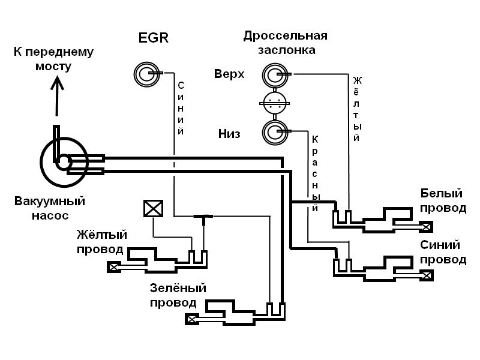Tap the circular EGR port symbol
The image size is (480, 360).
point(146,74)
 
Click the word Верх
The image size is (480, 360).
point(229,74)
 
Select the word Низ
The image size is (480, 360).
point(229,133)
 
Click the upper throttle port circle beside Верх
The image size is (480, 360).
point(275,74)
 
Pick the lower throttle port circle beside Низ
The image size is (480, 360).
point(275,131)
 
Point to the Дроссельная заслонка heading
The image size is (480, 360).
point(286,43)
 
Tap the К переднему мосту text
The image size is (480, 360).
point(53,59)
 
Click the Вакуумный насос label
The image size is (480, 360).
point(49,208)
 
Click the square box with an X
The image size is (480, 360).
point(153,208)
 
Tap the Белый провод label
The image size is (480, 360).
point(443,201)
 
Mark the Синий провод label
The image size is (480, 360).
point(443,252)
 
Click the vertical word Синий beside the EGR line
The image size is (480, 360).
point(180,108)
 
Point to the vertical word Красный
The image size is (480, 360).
point(314,173)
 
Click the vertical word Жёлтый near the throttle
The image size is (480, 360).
point(356,109)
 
